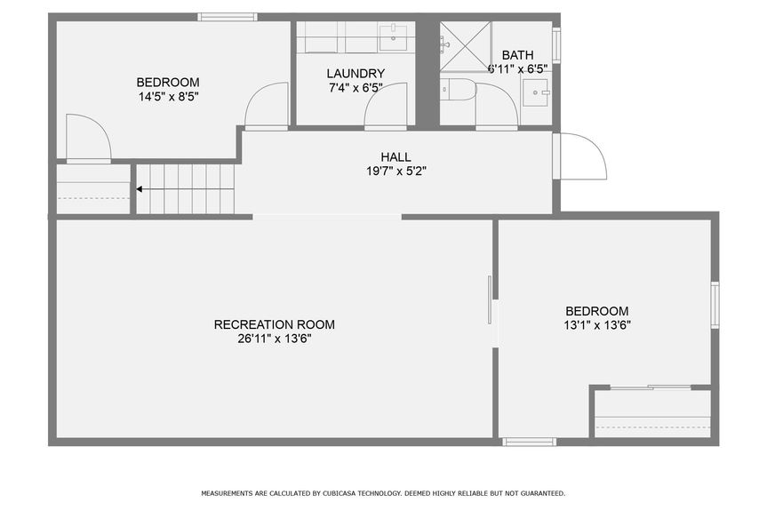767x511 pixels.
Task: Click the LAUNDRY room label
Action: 356,74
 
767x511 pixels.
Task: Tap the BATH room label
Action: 517,55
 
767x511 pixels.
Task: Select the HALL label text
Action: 395,157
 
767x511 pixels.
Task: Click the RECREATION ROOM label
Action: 275,324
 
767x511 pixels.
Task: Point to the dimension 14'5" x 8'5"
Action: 168,96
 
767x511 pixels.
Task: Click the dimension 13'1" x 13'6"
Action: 597,325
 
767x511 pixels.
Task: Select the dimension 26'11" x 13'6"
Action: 275,339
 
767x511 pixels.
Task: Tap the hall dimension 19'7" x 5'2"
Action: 396,172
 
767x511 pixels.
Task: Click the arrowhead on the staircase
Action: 140,188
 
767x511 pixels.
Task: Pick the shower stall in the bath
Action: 465,46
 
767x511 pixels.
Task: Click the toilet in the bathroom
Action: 459,90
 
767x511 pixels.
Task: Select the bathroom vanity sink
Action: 537,92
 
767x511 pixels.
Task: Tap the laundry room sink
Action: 394,37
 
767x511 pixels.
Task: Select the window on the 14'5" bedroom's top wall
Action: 228,17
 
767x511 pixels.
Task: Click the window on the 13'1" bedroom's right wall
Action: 715,305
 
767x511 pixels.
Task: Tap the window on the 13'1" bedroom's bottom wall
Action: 530,442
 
